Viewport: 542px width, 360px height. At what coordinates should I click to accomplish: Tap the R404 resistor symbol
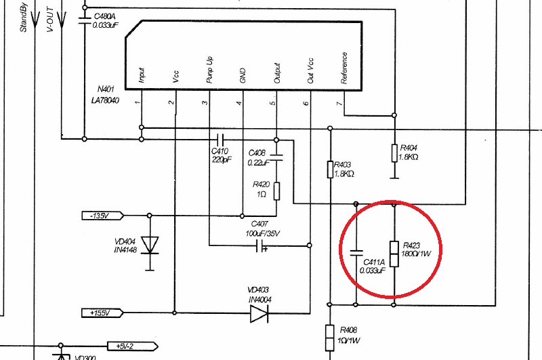click(x=394, y=153)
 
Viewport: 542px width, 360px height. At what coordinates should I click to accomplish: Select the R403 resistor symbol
click(x=329, y=169)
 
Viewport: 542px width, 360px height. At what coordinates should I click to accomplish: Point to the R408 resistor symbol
click(x=329, y=336)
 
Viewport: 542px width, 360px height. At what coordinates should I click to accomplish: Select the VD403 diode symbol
click(x=259, y=313)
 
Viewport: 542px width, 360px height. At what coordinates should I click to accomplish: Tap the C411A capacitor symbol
click(x=356, y=253)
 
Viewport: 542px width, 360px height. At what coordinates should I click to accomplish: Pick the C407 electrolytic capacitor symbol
click(x=260, y=245)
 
